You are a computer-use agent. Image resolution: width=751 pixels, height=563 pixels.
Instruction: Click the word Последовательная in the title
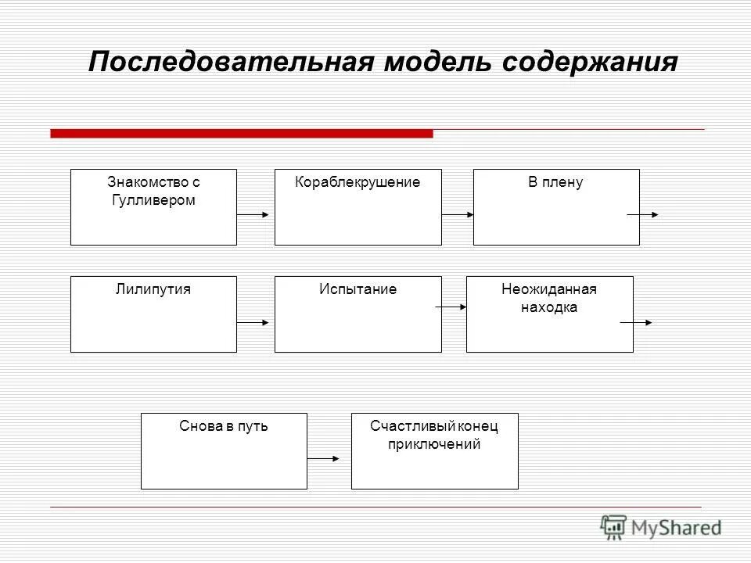(x=232, y=62)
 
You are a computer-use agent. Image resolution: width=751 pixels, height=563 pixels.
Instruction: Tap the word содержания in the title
(x=590, y=62)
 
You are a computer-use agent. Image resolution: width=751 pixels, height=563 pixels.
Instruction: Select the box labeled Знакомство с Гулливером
(x=153, y=207)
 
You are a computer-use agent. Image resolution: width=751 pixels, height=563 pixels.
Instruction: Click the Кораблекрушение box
(x=358, y=207)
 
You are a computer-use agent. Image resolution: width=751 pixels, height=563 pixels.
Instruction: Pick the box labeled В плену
(x=556, y=207)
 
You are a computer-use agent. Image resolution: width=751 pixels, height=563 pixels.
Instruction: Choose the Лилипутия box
(x=153, y=314)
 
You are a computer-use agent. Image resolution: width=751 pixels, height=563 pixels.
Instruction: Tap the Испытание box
(x=358, y=314)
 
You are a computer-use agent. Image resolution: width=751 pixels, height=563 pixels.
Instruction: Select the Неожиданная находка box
(x=549, y=314)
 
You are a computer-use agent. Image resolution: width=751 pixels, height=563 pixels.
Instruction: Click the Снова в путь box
(x=224, y=451)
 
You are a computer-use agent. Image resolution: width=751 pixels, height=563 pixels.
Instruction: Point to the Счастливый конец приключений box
(x=434, y=451)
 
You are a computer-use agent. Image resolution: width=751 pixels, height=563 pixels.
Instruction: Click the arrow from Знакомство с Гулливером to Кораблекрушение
(x=255, y=214)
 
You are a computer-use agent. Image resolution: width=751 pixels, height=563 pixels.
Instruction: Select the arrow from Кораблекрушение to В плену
(x=458, y=214)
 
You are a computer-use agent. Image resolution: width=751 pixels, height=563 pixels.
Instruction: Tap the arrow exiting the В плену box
(x=643, y=214)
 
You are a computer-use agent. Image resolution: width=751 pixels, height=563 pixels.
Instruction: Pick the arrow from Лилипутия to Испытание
(x=255, y=321)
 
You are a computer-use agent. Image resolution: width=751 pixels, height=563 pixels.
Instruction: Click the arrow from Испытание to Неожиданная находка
(x=451, y=307)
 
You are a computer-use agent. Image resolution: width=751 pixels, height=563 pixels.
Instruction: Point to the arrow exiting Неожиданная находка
(x=635, y=321)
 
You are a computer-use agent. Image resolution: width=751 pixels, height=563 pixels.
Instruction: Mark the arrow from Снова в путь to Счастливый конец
(x=324, y=459)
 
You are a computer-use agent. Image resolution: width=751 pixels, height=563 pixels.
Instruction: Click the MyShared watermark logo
(x=661, y=528)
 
